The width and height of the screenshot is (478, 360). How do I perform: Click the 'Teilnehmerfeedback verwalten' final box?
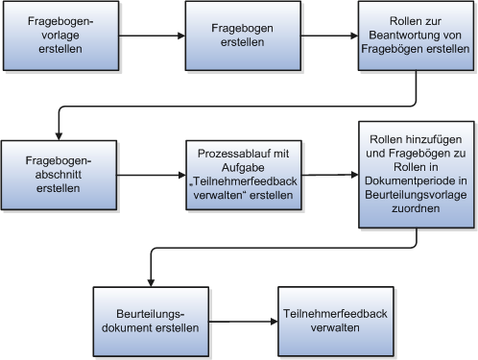pos(322,321)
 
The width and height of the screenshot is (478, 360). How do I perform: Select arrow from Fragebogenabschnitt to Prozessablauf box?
pos(151,176)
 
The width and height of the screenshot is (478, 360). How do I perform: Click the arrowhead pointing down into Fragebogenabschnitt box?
pos(60,135)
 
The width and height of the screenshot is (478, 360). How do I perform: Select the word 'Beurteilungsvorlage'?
pos(416,205)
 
